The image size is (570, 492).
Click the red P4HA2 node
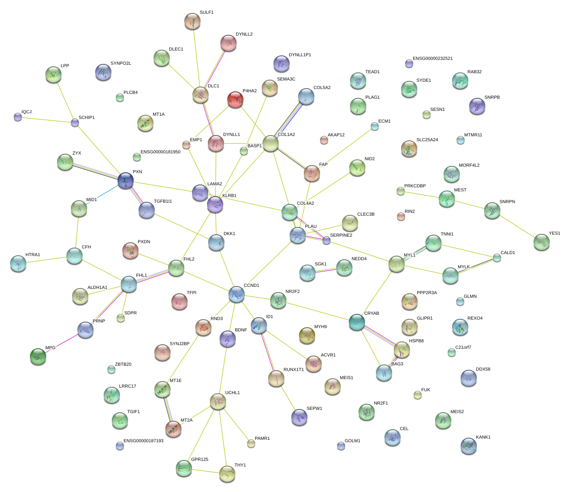point(235,99)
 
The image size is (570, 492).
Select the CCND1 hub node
point(236,294)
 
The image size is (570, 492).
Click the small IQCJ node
point(18,117)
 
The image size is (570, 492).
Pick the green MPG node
point(38,356)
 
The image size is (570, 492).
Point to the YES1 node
point(542,242)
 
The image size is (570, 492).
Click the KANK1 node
point(469,445)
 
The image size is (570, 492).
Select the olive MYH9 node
point(307,335)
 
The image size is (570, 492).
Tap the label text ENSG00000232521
point(433,59)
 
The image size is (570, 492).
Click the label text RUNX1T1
point(294,370)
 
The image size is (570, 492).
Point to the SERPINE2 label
point(341,235)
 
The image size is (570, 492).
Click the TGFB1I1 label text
point(163,201)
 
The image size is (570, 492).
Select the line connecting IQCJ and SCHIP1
point(46,120)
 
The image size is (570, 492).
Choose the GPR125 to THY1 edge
point(206,471)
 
